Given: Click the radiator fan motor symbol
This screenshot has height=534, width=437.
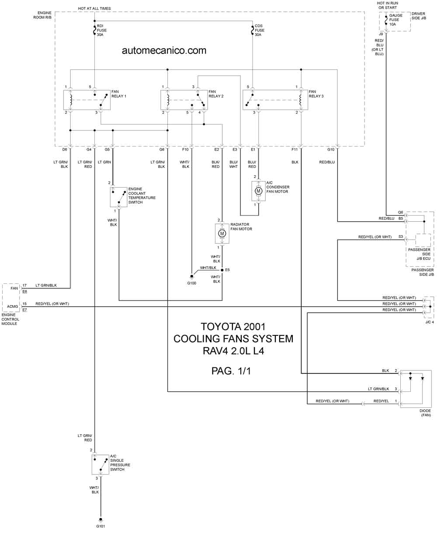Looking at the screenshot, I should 222,234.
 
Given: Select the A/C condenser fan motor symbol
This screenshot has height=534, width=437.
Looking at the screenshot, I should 258,191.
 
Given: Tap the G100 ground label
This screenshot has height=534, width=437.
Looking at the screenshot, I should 191,283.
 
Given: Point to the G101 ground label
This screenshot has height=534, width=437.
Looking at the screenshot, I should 101,526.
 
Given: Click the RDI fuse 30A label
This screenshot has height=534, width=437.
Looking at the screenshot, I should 101,30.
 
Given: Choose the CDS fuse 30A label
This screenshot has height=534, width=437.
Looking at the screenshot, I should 259,30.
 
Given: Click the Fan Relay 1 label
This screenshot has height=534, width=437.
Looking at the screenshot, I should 118,94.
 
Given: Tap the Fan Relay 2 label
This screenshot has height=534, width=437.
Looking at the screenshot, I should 216,94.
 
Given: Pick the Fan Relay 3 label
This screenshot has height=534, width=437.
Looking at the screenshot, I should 316,94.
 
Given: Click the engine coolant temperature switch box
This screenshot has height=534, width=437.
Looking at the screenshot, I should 118,197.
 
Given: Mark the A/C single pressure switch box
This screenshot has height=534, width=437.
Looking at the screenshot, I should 100,464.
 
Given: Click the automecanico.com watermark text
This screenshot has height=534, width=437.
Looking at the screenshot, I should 164,51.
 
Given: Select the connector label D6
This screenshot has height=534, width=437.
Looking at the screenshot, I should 65,150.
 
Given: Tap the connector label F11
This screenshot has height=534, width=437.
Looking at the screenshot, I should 295,150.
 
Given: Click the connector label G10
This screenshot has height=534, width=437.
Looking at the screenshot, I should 331,150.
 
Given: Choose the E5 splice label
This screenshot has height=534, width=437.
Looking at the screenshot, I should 227,270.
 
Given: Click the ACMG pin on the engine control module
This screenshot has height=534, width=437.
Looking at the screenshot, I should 12,306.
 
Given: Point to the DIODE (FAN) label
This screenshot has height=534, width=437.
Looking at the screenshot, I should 425,413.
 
